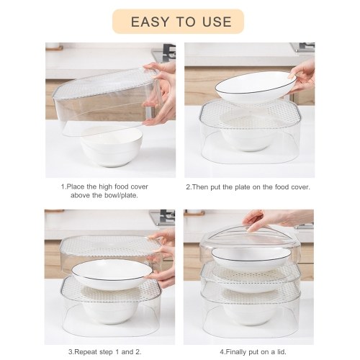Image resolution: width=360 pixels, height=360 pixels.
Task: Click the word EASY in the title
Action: [x=150, y=22]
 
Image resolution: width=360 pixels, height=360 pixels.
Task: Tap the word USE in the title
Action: [x=217, y=22]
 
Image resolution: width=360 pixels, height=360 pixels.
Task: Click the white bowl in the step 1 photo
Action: [x=112, y=146]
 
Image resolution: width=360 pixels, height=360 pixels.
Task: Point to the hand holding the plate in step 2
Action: [x=302, y=76]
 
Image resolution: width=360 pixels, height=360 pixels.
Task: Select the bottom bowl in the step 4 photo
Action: [x=250, y=312]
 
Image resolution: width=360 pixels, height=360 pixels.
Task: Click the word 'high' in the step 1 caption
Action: [x=105, y=186]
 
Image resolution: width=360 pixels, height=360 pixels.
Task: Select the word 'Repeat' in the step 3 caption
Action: [x=87, y=352]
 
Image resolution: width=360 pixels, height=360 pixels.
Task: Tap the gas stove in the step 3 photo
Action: [x=163, y=217]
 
